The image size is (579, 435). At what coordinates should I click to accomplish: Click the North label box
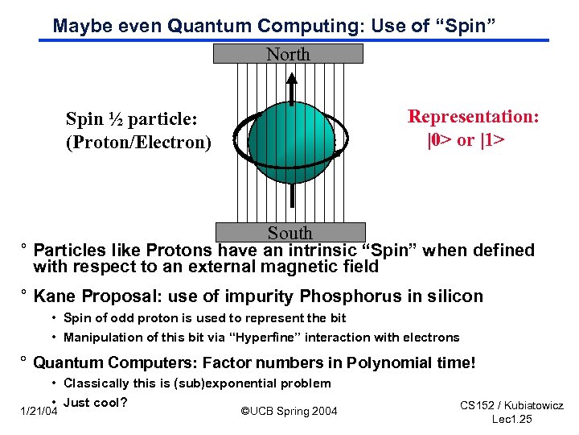(x=288, y=54)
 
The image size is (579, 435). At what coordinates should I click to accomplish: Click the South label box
(x=289, y=233)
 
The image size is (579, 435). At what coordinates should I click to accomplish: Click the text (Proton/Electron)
(x=138, y=143)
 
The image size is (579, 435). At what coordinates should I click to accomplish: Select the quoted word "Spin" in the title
(x=464, y=26)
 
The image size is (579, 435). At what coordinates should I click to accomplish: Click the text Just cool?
(x=96, y=402)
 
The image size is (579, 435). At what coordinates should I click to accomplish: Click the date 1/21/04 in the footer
(x=38, y=412)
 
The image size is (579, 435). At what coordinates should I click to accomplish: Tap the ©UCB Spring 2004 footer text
(x=289, y=412)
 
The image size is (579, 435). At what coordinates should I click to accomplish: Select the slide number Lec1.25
(x=512, y=420)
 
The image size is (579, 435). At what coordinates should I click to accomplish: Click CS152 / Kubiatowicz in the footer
(x=511, y=405)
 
